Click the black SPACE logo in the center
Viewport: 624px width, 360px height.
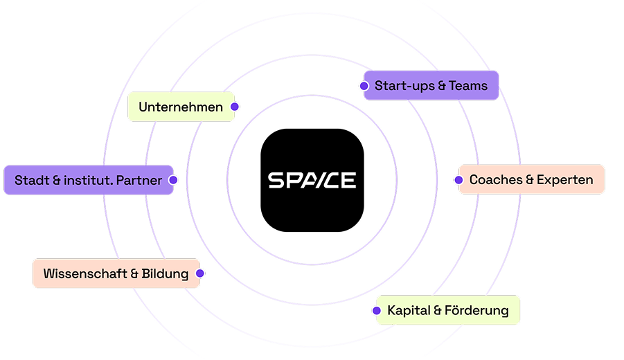coord(312,180)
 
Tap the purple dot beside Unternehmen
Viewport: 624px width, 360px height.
coord(235,107)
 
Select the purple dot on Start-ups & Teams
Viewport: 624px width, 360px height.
coord(364,86)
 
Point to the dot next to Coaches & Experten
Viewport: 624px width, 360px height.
coord(458,180)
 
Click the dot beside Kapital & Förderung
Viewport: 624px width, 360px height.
coord(377,310)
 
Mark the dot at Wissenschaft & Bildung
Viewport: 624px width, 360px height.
coord(200,273)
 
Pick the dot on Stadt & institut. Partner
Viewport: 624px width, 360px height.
coord(173,180)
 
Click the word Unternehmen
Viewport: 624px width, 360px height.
coord(181,107)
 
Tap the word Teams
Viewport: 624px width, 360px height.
coord(468,86)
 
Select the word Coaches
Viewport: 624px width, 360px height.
coord(496,180)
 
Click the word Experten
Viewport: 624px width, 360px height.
coord(564,180)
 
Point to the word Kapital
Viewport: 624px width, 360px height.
coord(409,310)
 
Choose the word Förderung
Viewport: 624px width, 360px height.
coord(476,310)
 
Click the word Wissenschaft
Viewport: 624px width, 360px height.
coord(85,273)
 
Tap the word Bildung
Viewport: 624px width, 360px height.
coord(165,273)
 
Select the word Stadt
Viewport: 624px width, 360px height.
coord(32,180)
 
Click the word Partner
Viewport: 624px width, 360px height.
coord(139,180)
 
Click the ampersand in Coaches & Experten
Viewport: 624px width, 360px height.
coord(529,180)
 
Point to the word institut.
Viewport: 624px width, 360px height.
coord(88,180)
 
